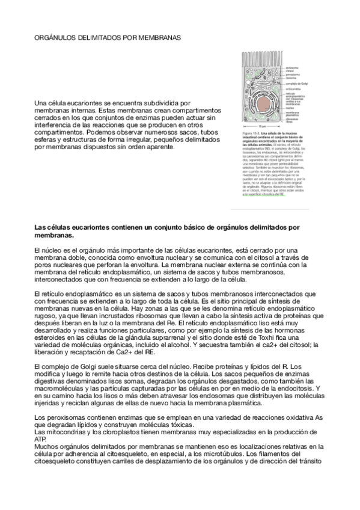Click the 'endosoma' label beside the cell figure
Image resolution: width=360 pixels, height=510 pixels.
(292, 69)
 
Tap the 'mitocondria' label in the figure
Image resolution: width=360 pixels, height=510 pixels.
(293, 88)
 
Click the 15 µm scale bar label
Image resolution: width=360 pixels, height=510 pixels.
(262, 126)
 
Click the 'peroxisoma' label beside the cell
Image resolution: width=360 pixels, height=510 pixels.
(293, 75)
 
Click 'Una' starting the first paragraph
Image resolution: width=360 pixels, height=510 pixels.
(42, 103)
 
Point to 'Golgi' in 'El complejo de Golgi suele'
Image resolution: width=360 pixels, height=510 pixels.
(90, 366)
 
